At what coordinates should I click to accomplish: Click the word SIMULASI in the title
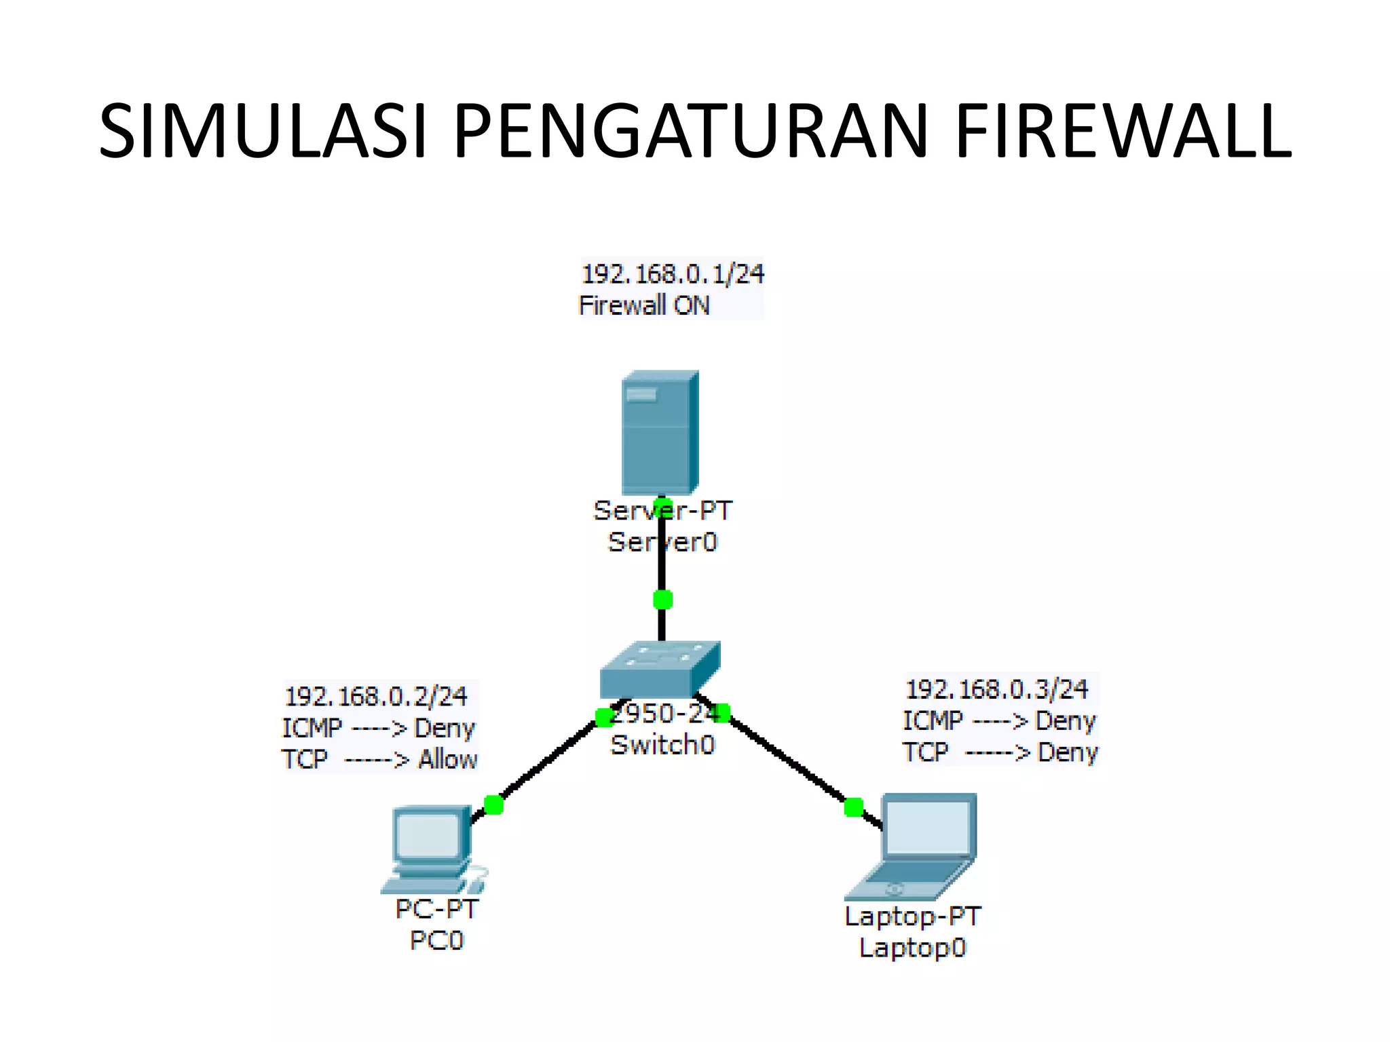pyautogui.click(x=263, y=130)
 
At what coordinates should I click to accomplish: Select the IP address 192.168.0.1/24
pyautogui.click(x=673, y=274)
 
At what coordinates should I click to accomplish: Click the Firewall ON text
pyautogui.click(x=643, y=305)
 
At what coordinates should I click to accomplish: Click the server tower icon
pyautogui.click(x=660, y=432)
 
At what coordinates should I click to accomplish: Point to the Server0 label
pyautogui.click(x=662, y=542)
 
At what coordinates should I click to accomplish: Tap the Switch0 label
pyautogui.click(x=662, y=745)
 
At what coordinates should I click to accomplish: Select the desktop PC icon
pyautogui.click(x=432, y=848)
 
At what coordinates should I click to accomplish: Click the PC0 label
pyautogui.click(x=436, y=940)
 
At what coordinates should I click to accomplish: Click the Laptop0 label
pyautogui.click(x=912, y=948)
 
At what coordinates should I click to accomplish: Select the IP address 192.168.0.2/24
pyautogui.click(x=376, y=697)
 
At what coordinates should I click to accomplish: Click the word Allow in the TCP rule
pyautogui.click(x=447, y=759)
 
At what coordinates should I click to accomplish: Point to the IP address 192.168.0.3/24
pyautogui.click(x=997, y=690)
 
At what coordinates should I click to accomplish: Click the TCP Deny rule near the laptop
pyautogui.click(x=1000, y=752)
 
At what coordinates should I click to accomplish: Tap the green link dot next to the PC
pyautogui.click(x=493, y=805)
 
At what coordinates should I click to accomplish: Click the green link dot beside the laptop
pyautogui.click(x=853, y=807)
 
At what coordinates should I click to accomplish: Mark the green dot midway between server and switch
pyautogui.click(x=662, y=600)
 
